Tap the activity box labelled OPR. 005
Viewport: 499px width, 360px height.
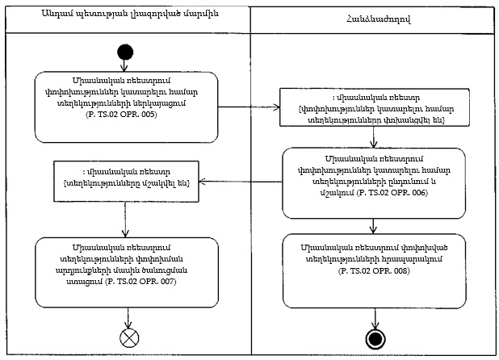(124, 104)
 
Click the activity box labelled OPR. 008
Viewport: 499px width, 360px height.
(374, 262)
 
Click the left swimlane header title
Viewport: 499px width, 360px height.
(124, 15)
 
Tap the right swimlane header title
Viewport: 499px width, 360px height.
(374, 15)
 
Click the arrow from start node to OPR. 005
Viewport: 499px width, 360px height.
(125, 65)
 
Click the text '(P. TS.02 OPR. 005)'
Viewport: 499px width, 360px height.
(124, 115)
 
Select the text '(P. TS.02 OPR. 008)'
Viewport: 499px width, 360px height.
(374, 270)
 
